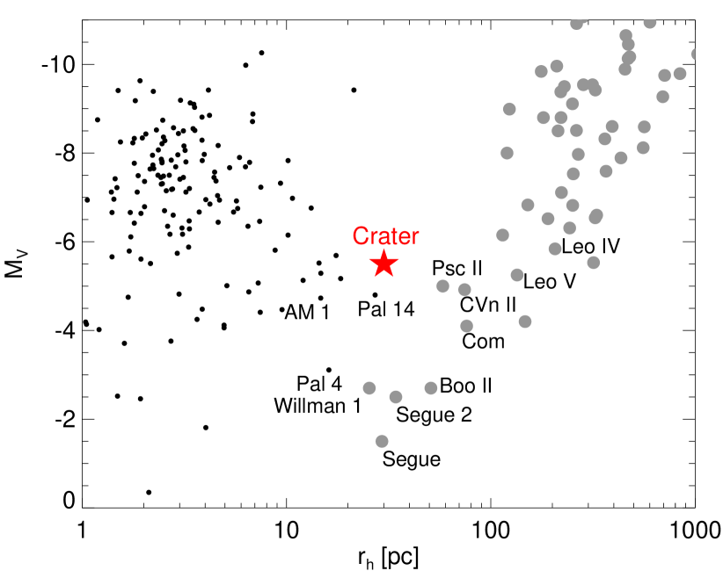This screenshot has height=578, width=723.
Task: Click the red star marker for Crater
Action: pos(383,264)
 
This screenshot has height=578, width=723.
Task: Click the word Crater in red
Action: pos(385,236)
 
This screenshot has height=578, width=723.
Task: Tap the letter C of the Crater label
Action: pos(360,236)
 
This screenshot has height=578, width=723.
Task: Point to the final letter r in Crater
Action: pos(415,237)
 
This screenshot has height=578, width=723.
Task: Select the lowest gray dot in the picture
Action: pos(382,441)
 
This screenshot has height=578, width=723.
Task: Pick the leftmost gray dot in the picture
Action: pos(369,388)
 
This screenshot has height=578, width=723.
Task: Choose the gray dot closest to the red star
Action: pos(442,286)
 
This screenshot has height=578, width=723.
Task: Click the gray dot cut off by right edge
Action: pos(695,54)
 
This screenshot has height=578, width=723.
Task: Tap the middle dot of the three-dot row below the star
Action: pos(396,397)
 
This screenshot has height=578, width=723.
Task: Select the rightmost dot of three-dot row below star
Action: pos(431,388)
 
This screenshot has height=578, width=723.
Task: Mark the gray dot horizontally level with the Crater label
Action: pos(502,235)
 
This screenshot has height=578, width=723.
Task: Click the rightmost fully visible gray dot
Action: pos(680,74)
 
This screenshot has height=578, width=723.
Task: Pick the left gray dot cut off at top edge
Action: pos(576,24)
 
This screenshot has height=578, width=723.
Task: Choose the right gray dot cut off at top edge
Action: pos(650,23)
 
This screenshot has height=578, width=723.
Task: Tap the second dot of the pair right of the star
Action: pos(464,290)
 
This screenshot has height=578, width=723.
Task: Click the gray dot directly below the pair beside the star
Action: pos(466,326)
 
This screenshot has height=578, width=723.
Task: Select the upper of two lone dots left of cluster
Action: pos(509,109)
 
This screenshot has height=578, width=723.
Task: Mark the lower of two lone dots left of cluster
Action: pos(508,153)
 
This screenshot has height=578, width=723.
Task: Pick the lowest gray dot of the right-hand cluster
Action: pos(525,322)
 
